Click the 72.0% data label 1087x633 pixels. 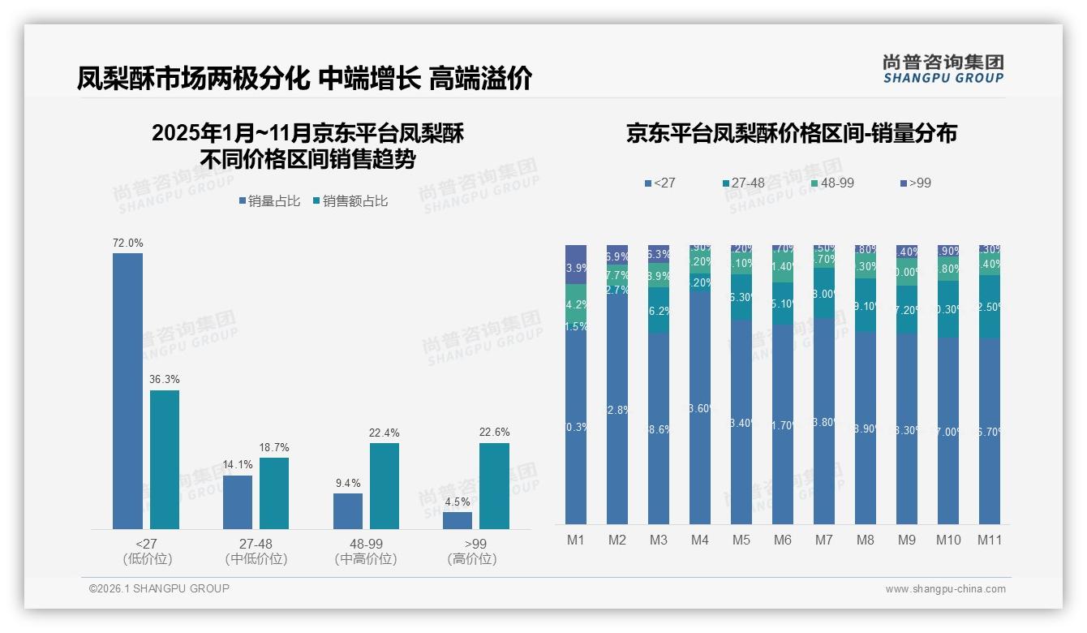pyautogui.click(x=127, y=243)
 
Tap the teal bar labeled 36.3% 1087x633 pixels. pyautogui.click(x=165, y=459)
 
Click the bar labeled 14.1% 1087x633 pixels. pyautogui.click(x=238, y=502)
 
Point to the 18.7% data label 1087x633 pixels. pyautogui.click(x=274, y=447)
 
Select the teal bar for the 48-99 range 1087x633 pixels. pyautogui.click(x=385, y=486)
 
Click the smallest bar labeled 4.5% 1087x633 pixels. pyautogui.click(x=458, y=520)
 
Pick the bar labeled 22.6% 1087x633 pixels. pyautogui.click(x=494, y=486)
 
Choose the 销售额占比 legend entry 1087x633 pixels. pyautogui.click(x=350, y=201)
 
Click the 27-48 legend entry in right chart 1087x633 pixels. pyautogui.click(x=742, y=183)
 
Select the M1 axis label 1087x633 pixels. pyautogui.click(x=575, y=540)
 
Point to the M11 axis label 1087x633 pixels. pyautogui.click(x=989, y=540)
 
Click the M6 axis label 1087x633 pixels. pyautogui.click(x=782, y=540)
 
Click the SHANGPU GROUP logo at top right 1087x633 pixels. pyautogui.click(x=943, y=69)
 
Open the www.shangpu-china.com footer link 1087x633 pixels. pyautogui.click(x=945, y=589)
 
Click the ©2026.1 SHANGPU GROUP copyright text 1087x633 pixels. pyautogui.click(x=159, y=588)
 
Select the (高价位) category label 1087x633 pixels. pyautogui.click(x=471, y=559)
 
